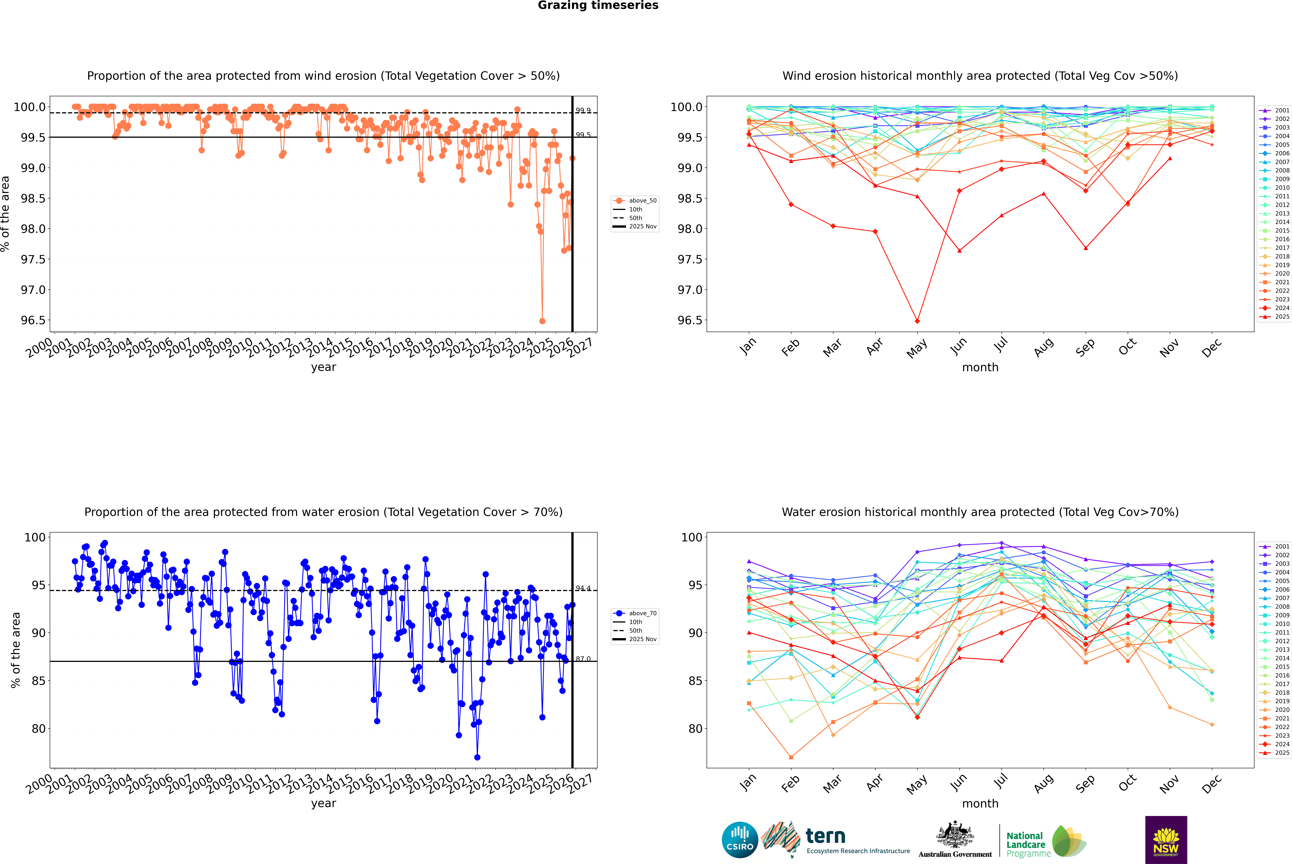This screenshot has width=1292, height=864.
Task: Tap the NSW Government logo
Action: coord(1166,840)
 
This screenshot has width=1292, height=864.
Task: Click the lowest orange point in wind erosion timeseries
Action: coord(542,321)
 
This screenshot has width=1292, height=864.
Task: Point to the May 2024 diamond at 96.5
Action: coord(917,321)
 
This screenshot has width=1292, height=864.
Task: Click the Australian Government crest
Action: coord(954,835)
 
